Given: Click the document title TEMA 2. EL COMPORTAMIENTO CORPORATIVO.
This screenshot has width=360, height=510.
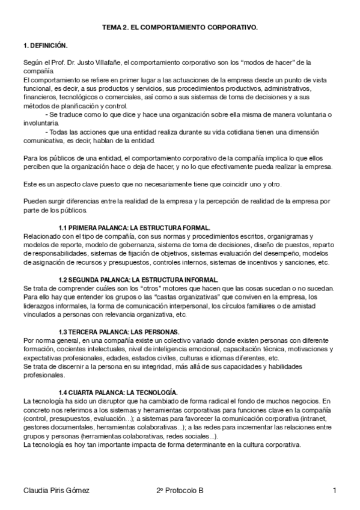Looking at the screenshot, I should [x=180, y=28].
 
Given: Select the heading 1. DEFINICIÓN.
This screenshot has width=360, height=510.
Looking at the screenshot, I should [x=45, y=46].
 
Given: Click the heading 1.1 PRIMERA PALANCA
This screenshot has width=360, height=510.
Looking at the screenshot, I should [x=134, y=228].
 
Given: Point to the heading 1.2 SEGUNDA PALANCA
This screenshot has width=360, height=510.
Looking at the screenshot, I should [x=138, y=280].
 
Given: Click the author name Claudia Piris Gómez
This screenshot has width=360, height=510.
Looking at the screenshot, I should [x=56, y=491].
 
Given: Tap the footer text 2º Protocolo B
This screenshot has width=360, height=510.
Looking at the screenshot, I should [x=179, y=491].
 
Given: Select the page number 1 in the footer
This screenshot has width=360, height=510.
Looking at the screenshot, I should [x=334, y=491].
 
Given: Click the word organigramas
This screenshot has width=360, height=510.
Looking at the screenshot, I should [x=281, y=236].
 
